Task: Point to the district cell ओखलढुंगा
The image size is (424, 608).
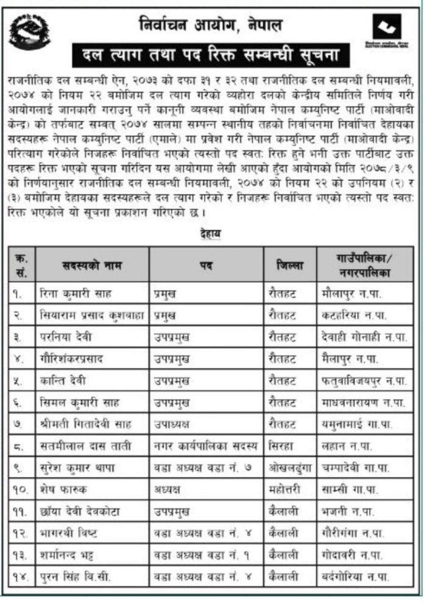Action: click(289, 468)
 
